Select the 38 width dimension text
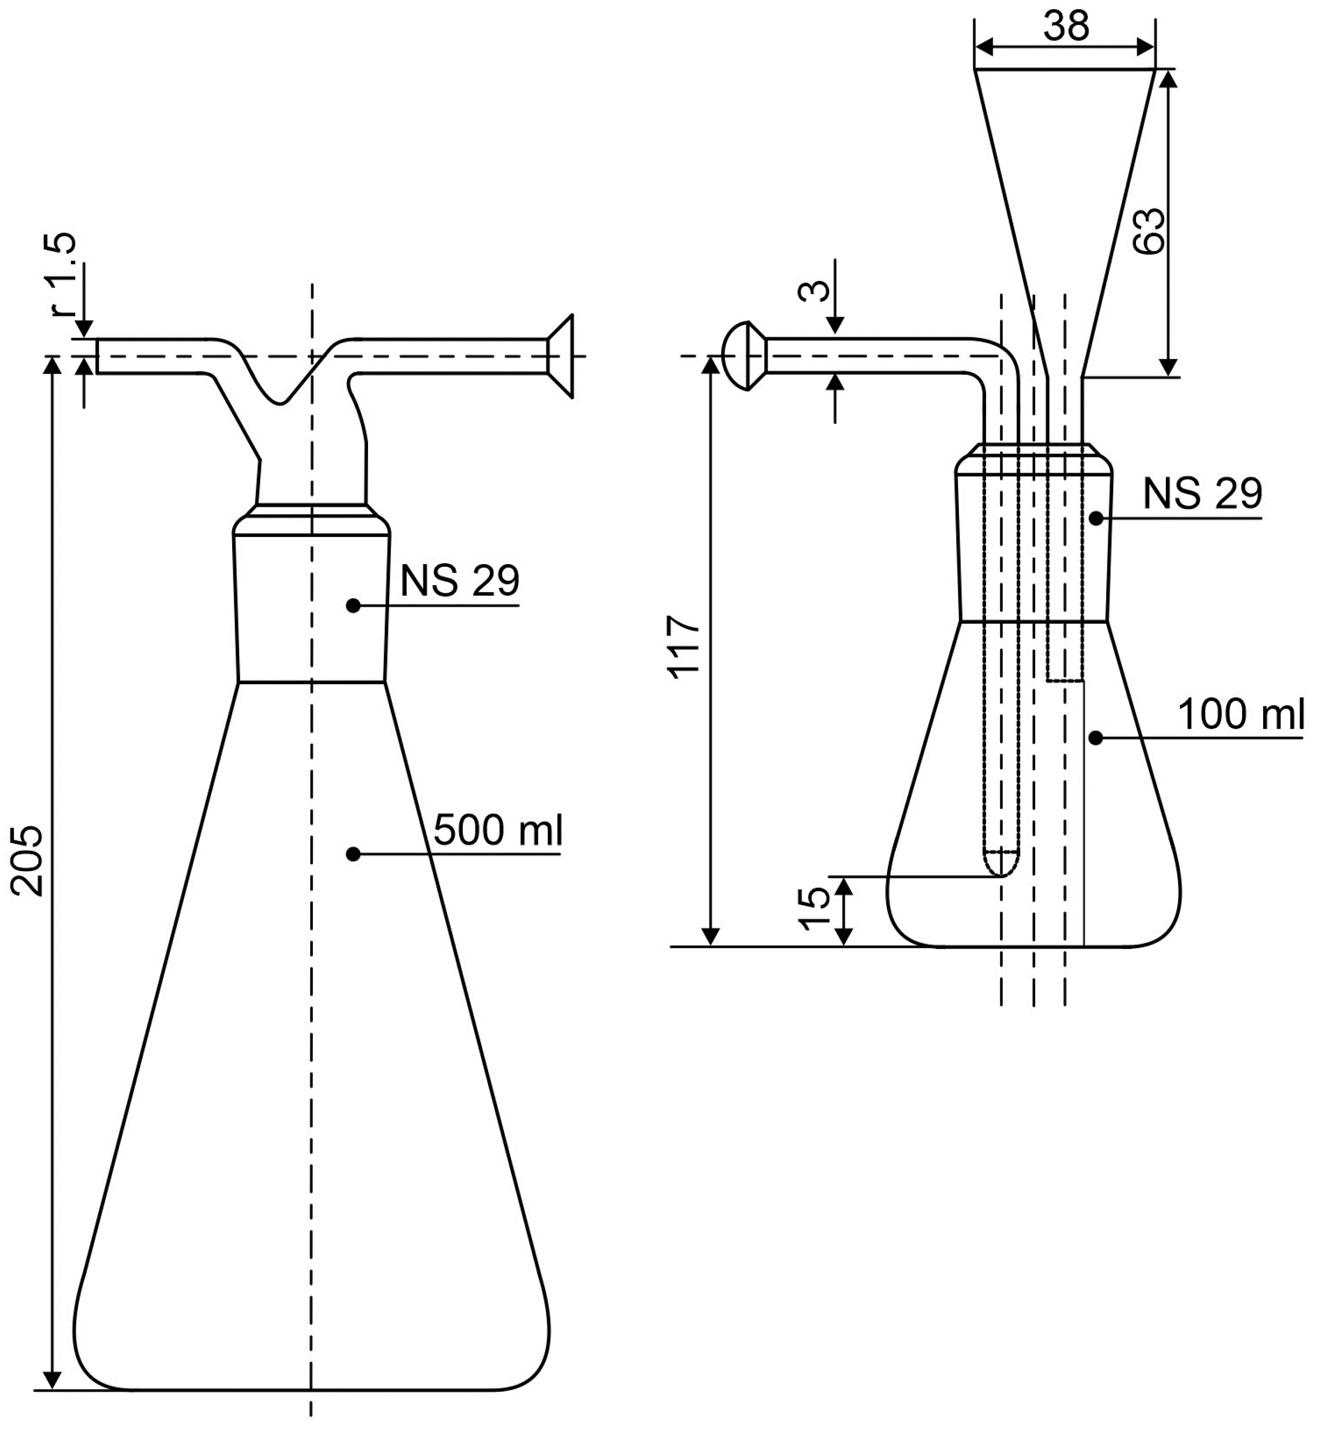click(x=1066, y=27)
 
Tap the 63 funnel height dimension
click(x=1150, y=231)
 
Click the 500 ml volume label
click(x=498, y=831)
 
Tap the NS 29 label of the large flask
click(x=459, y=581)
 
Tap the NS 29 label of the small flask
click(x=1202, y=494)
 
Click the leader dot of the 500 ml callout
click(x=352, y=854)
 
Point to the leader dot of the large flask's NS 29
click(x=352, y=606)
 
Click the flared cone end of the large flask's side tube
click(x=562, y=356)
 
